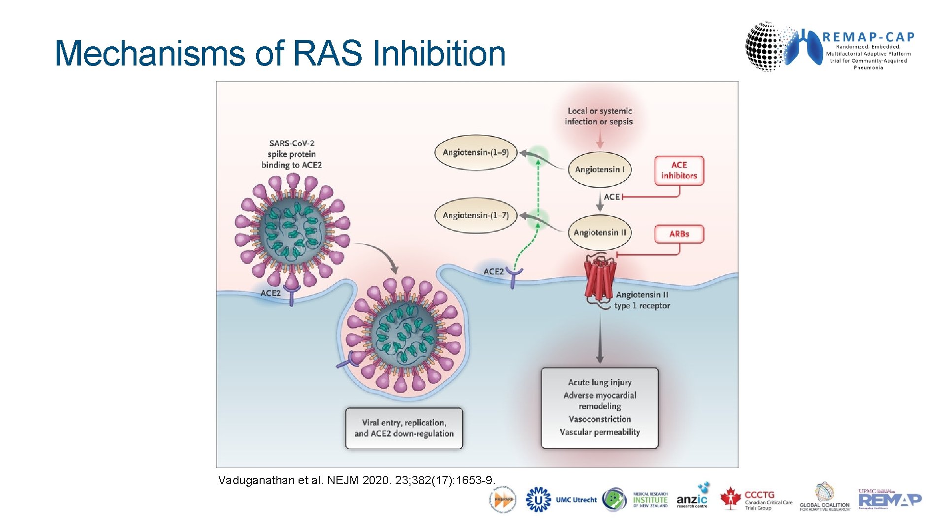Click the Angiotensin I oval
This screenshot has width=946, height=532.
click(x=600, y=169)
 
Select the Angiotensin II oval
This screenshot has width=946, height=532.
click(x=600, y=233)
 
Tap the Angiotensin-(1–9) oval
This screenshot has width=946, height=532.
click(x=475, y=153)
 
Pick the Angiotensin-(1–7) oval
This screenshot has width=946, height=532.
click(x=475, y=215)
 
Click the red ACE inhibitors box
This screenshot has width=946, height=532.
click(x=679, y=170)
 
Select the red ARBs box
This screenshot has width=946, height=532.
click(x=679, y=234)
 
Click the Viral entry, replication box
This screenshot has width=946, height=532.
click(x=404, y=428)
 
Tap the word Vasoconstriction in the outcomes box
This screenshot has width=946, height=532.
click(x=600, y=419)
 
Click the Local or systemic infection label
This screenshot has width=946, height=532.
click(x=599, y=116)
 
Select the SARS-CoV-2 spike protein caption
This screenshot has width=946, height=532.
click(x=292, y=154)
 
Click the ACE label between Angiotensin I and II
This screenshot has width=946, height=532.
click(x=611, y=197)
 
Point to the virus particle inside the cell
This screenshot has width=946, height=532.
click(x=404, y=335)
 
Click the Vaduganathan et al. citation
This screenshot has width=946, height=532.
click(x=356, y=480)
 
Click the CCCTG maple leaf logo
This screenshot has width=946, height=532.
click(x=731, y=499)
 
